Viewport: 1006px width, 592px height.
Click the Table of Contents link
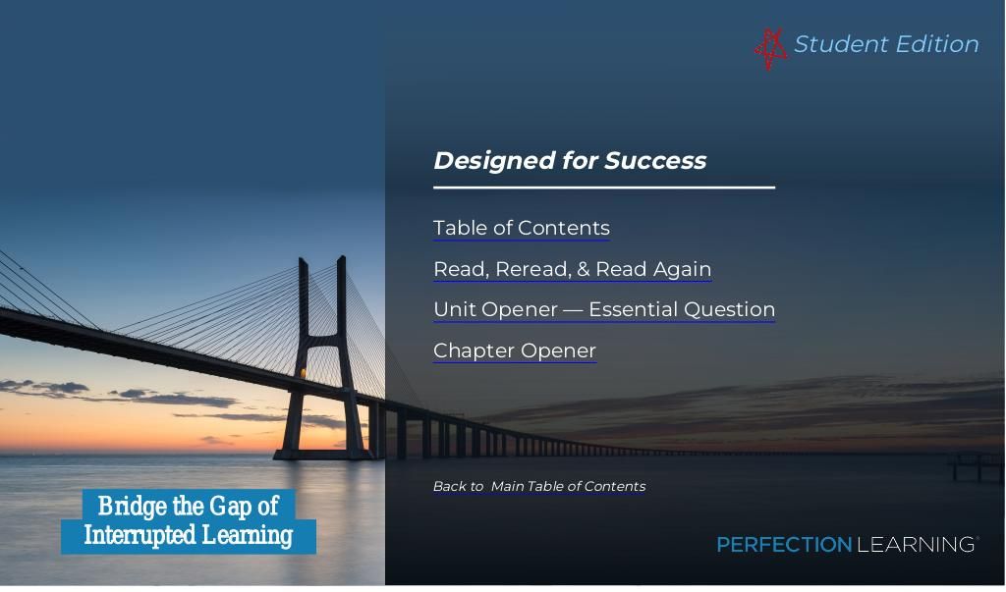521,228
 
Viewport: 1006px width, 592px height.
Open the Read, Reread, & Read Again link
573,269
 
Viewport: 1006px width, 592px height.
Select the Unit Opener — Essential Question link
604,310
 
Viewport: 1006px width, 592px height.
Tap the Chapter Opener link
515,350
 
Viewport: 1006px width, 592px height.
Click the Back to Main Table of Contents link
539,486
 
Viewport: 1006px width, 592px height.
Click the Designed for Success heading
570,160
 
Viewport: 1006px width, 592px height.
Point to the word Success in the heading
655,160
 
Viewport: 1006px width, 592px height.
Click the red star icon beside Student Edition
770,48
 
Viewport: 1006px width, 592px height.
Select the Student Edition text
887,44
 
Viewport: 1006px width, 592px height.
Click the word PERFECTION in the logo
784,545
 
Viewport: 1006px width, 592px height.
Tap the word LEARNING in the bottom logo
916,545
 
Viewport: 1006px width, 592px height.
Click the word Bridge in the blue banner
133,507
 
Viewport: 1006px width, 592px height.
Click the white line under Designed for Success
604,188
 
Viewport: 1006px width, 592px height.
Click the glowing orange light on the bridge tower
303,373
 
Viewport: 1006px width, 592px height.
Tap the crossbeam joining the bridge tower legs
323,340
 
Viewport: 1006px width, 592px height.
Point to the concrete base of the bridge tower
322,455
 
